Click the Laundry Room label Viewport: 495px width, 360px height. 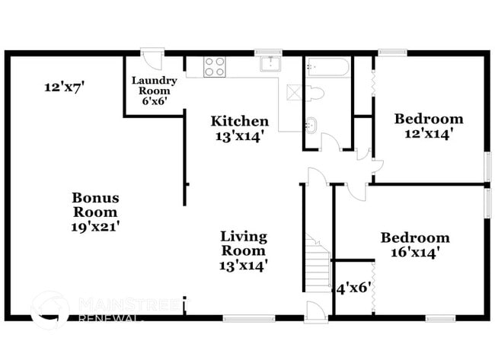pyautogui.click(x=155, y=86)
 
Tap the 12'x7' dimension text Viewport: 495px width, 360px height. pyautogui.click(x=63, y=88)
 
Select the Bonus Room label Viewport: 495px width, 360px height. pyautogui.click(x=95, y=205)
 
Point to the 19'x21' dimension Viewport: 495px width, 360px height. pyautogui.click(x=95, y=226)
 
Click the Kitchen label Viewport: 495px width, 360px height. pyautogui.click(x=239, y=121)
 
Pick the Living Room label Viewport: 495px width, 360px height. pyautogui.click(x=244, y=243)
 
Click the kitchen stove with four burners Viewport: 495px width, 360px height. pyautogui.click(x=214, y=66)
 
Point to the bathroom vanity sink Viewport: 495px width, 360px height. pyautogui.click(x=312, y=124)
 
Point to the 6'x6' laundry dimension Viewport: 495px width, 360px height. pyautogui.click(x=155, y=100)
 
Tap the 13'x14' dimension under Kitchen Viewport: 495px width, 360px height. pyautogui.click(x=239, y=137)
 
